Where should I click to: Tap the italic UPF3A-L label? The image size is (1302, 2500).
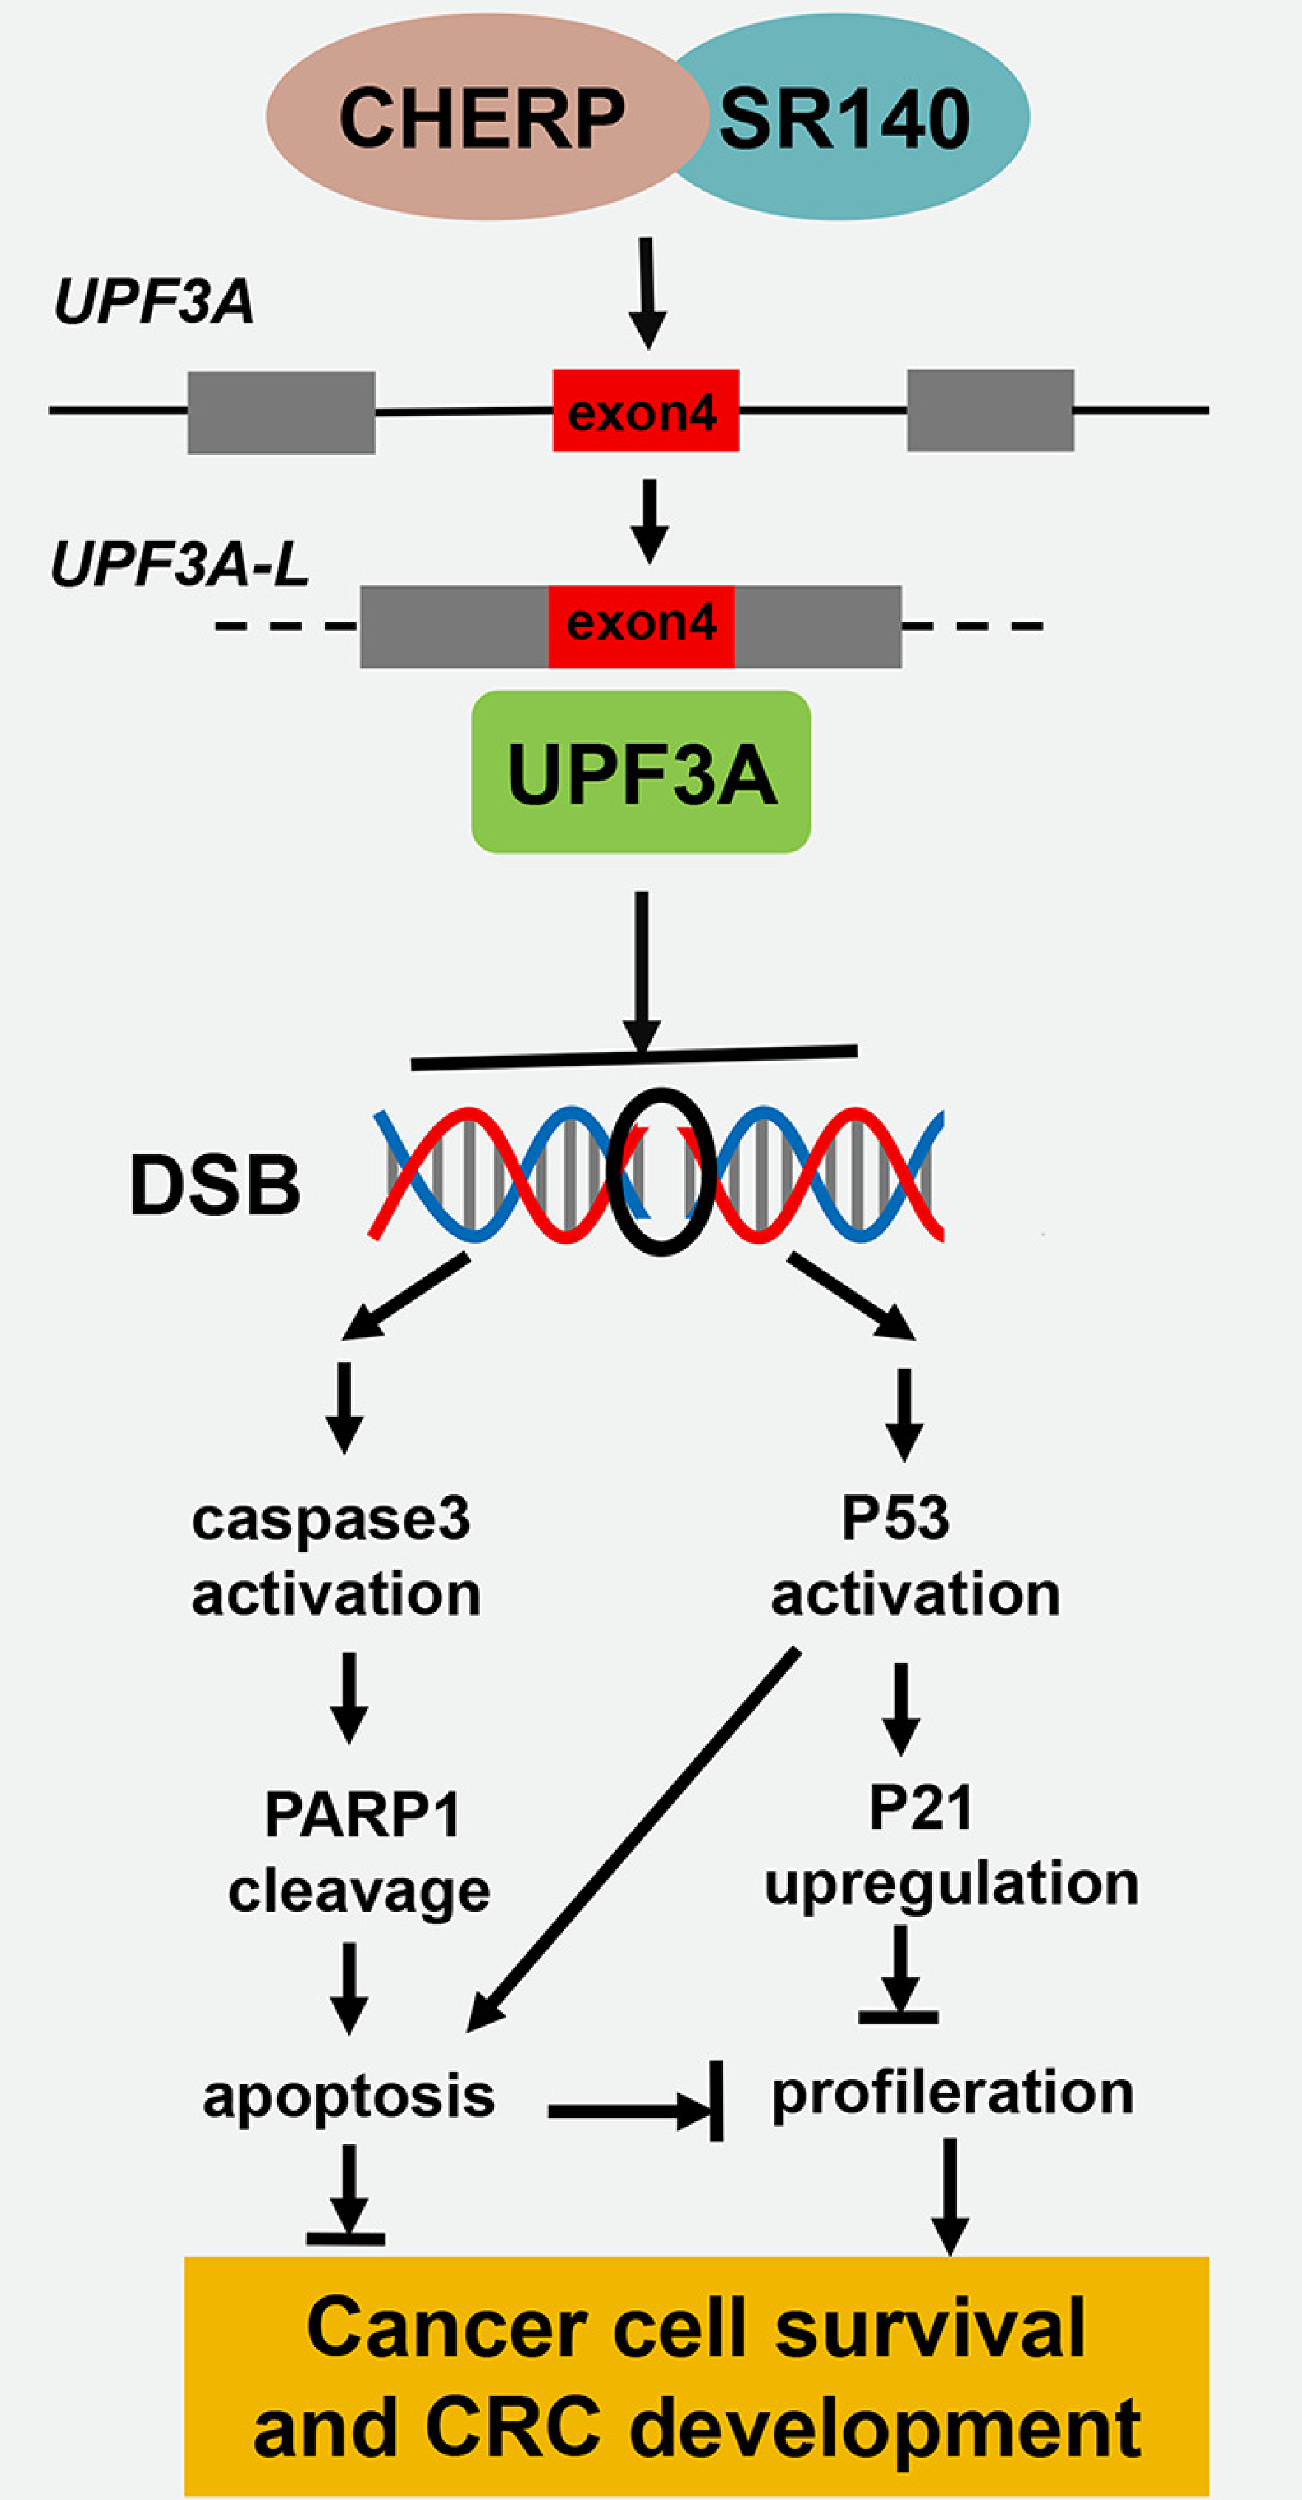tap(179, 565)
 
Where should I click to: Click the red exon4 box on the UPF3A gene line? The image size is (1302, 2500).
tap(645, 411)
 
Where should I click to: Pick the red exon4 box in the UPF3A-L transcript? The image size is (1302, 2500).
tap(641, 626)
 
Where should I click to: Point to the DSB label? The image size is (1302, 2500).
tap(216, 1185)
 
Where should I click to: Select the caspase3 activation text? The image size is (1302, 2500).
tap(335, 1556)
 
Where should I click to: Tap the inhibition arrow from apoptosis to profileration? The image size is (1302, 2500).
tap(635, 2107)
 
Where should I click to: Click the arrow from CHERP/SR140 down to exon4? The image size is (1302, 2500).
tap(647, 291)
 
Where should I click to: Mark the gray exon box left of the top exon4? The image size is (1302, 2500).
tap(281, 411)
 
